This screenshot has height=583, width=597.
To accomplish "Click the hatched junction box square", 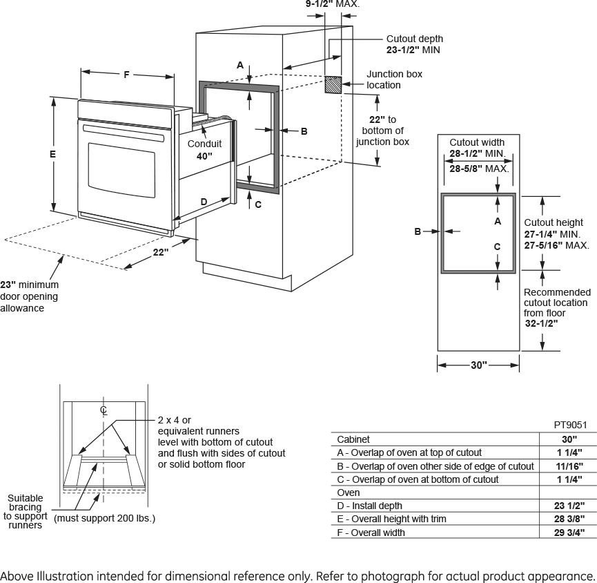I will tap(334, 85).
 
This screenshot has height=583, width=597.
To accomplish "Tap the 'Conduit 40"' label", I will tap(204, 150).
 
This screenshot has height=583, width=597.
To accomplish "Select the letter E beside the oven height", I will tap(52, 155).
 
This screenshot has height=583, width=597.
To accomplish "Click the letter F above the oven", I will tap(126, 75).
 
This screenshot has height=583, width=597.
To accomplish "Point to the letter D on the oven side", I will tap(204, 202).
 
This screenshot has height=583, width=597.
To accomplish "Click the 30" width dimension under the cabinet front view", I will tap(479, 365).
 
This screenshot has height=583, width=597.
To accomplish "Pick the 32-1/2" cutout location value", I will tap(541, 323).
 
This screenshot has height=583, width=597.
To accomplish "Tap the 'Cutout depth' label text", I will tap(415, 39).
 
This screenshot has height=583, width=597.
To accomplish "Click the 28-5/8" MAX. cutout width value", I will tap(479, 169).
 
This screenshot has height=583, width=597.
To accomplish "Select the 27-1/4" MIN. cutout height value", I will tap(552, 234).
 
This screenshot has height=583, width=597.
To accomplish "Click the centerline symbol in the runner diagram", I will tap(104, 410).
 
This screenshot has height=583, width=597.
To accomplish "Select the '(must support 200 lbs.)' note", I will tap(104, 518).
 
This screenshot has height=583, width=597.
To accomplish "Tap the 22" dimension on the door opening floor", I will tap(160, 253).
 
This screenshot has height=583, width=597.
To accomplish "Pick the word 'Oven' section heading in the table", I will tap(349, 493).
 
